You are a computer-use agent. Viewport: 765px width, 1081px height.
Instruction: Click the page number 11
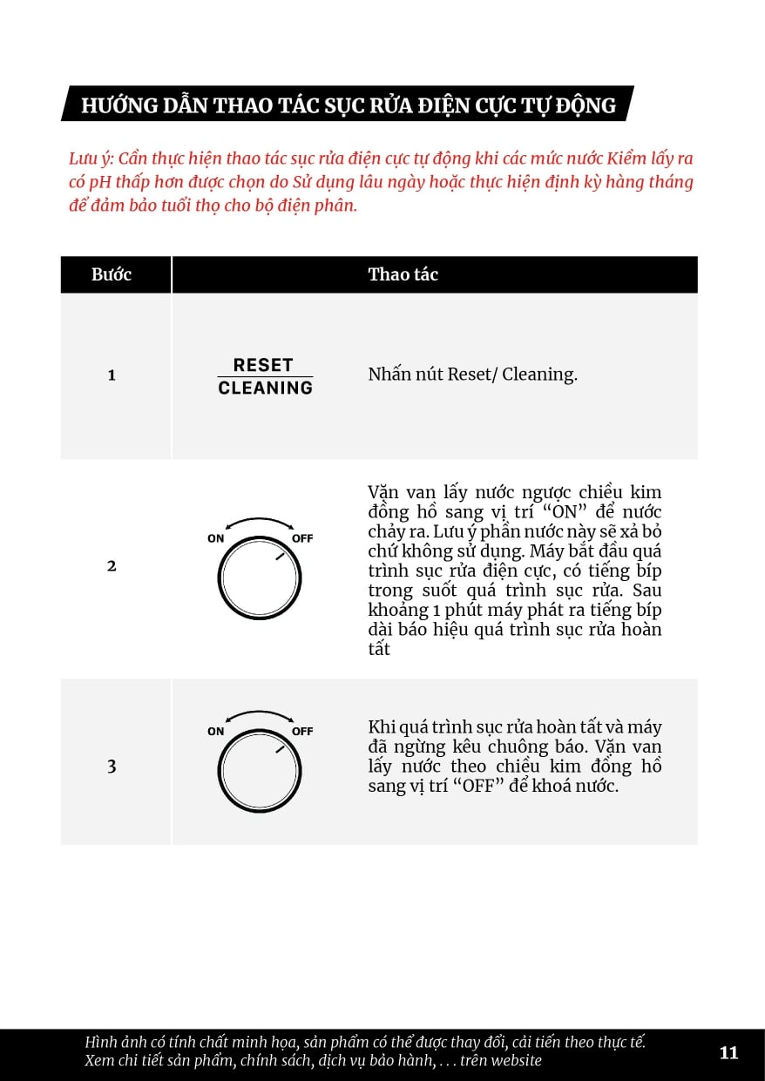pos(728,1052)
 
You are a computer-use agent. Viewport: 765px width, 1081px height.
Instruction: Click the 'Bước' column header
pos(112,274)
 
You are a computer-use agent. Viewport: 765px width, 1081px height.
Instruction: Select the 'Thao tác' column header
pos(403,274)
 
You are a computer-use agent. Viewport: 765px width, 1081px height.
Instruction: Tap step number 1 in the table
pos(112,375)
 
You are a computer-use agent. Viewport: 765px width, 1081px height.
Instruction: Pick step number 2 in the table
pos(112,565)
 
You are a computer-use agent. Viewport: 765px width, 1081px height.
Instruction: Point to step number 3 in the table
pos(112,767)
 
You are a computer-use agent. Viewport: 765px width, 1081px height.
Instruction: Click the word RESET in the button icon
pos(263,365)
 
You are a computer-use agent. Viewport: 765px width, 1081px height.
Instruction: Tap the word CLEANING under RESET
pos(265,388)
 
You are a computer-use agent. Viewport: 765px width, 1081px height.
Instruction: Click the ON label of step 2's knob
pos(216,538)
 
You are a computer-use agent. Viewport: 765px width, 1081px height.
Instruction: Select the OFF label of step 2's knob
pos(302,538)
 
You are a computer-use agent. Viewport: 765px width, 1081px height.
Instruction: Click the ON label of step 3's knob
pos(216,731)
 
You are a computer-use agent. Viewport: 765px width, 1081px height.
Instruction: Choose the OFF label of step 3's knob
pos(302,731)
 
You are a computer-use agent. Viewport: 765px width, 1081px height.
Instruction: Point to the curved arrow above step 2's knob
pos(259,520)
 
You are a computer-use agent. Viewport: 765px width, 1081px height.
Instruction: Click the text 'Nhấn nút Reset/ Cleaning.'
pos(472,375)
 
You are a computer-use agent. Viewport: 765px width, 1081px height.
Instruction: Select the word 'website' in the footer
pos(516,1060)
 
